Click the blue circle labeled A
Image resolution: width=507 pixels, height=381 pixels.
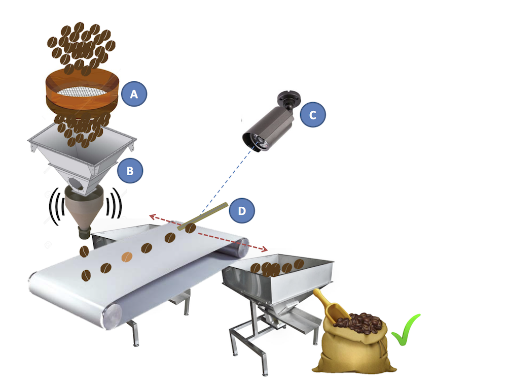click(134, 94)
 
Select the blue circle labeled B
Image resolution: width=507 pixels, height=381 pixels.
click(130, 171)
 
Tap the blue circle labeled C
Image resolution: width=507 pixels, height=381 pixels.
click(313, 114)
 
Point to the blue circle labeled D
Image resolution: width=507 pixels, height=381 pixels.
click(242, 211)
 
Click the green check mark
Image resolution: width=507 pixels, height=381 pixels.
click(405, 330)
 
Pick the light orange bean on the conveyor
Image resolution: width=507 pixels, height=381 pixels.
click(127, 257)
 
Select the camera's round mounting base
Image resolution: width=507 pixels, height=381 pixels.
click(289, 97)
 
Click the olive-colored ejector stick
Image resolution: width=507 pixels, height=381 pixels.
click(203, 216)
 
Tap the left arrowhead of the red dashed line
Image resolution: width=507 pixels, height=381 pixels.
click(152, 216)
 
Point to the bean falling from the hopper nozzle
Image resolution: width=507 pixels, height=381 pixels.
click(84, 251)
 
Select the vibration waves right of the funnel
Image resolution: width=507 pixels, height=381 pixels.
click(114, 203)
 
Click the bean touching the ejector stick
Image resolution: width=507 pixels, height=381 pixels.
click(190, 228)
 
